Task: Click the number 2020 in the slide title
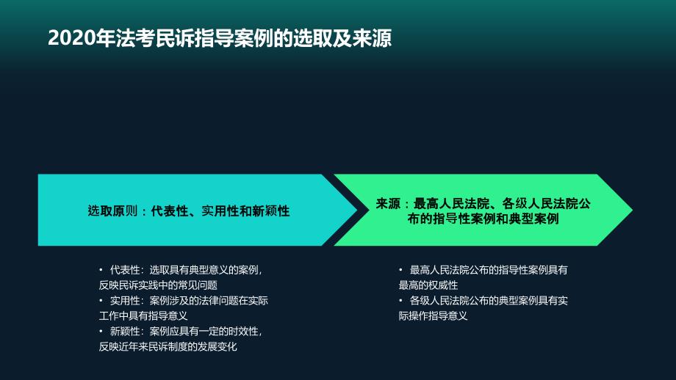71,38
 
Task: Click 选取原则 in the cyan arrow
112,211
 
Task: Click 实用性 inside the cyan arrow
220,211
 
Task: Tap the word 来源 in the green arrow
388,203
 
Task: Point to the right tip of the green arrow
633,210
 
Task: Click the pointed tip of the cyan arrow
357,210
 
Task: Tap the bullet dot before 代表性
101,270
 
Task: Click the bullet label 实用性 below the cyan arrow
125,300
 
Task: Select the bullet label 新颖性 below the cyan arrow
125,332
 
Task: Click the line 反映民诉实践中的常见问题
158,285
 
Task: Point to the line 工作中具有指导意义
143,316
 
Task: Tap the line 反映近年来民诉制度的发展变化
168,347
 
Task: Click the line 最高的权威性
428,285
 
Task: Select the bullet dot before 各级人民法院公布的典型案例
400,300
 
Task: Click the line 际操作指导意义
433,316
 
